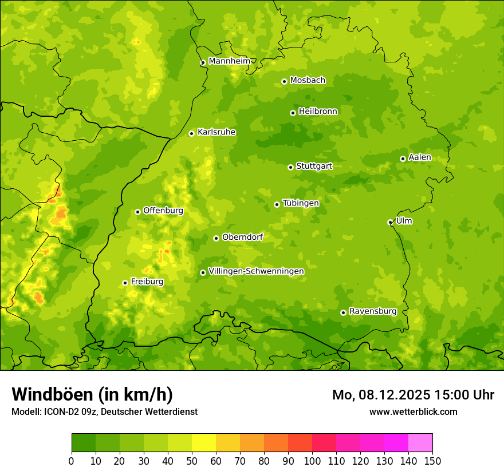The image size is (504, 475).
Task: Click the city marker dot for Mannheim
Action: click(203, 63)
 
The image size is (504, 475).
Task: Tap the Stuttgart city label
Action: click(314, 167)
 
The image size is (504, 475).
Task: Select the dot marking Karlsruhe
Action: click(191, 133)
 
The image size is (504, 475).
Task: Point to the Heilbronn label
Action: click(318, 112)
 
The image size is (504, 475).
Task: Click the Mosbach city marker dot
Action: click(284, 81)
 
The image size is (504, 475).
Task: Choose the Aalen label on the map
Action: click(420, 157)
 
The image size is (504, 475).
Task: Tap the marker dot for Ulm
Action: click(390, 222)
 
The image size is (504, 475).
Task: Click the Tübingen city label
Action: click(301, 203)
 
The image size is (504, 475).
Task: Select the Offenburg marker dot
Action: click(137, 212)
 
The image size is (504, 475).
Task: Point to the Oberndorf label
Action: click(242, 237)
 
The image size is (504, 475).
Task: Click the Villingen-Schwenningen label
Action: click(256, 271)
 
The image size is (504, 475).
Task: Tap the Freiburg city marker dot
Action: click(125, 283)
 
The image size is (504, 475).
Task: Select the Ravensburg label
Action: click(373, 311)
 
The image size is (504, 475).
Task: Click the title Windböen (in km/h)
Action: click(92, 394)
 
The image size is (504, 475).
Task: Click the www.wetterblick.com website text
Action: click(413, 411)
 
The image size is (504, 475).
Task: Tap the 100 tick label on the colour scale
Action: click(312, 461)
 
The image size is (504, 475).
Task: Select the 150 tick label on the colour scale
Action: click(432, 461)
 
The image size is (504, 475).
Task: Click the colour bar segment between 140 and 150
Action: click(420, 443)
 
